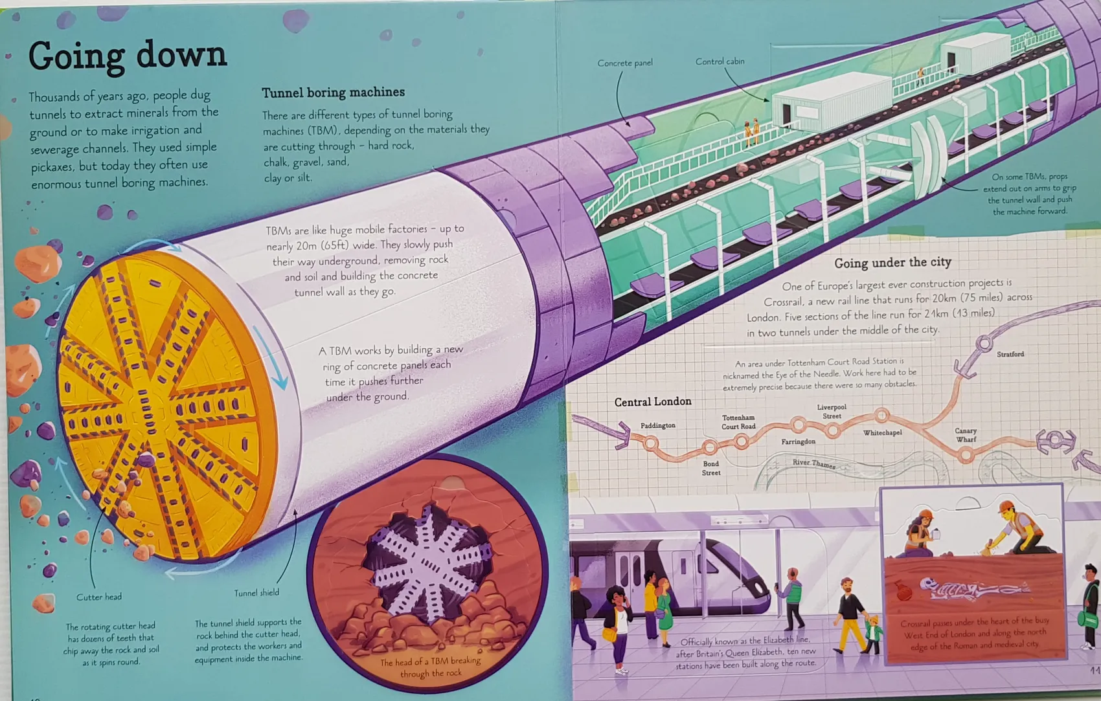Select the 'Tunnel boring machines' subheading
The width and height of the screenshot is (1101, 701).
334,93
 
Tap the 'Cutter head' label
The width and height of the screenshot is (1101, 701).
99,597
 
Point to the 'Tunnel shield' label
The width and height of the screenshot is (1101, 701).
256,593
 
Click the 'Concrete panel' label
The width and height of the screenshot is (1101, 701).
625,63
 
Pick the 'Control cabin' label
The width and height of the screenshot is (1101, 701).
720,61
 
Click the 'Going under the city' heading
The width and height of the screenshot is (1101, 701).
892,263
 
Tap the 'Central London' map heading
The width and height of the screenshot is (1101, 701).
653,402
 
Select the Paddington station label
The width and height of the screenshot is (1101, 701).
657,425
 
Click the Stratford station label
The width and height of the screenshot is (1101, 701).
1010,354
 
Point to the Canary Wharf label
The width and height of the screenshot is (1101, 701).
966,435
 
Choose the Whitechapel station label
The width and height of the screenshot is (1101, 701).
882,433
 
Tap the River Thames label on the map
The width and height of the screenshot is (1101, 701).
814,463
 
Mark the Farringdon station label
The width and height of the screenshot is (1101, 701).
798,441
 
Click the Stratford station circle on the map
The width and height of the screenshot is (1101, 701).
984,343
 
